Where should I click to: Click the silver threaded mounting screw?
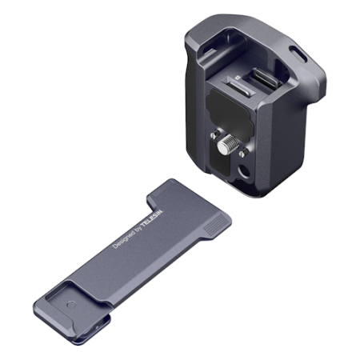click(229, 143)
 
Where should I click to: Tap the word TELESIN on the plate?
click(152, 219)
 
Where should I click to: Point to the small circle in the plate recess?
click(71, 305)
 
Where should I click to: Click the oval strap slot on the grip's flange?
click(298, 54)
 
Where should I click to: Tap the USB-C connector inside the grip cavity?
click(266, 78)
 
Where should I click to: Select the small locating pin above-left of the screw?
click(214, 134)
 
